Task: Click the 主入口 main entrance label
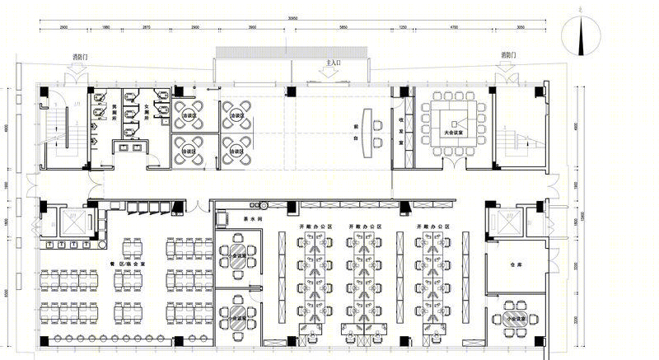(x=334, y=62)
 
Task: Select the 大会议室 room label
(x=452, y=131)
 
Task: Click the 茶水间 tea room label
(x=250, y=217)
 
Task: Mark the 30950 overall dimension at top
(x=287, y=18)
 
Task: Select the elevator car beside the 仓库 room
(x=505, y=221)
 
